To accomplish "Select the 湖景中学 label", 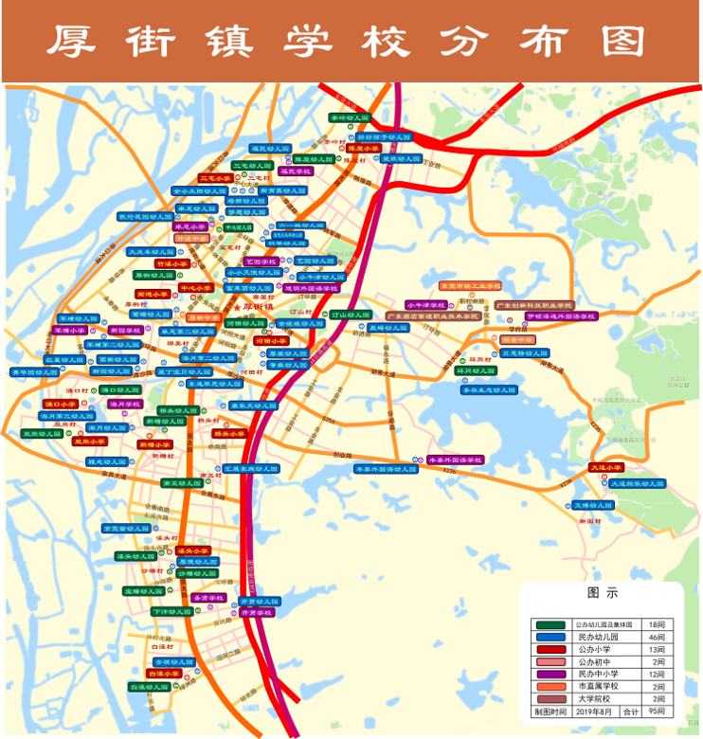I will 518,338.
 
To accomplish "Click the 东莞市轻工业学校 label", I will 469,285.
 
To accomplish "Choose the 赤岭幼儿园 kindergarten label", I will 350,118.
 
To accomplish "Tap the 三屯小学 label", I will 214,177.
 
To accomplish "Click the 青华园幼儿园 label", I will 34,372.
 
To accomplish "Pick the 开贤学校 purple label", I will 259,613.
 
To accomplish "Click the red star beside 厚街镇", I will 237,307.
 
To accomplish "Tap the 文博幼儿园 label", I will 592,506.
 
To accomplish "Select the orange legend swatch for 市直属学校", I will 550,686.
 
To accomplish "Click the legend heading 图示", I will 602,595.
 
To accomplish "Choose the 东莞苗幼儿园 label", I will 126,528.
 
